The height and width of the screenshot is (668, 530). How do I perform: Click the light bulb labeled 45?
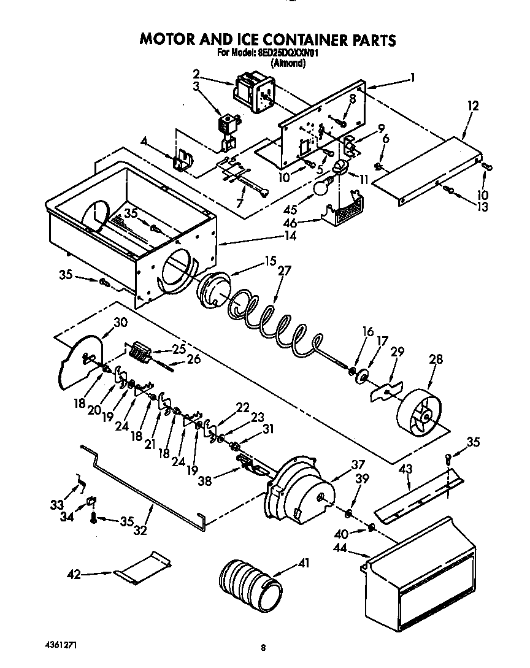(x=321, y=186)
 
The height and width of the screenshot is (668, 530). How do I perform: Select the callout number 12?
(x=472, y=106)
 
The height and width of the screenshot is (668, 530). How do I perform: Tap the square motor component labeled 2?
(x=253, y=91)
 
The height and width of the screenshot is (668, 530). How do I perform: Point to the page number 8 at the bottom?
(x=263, y=647)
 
